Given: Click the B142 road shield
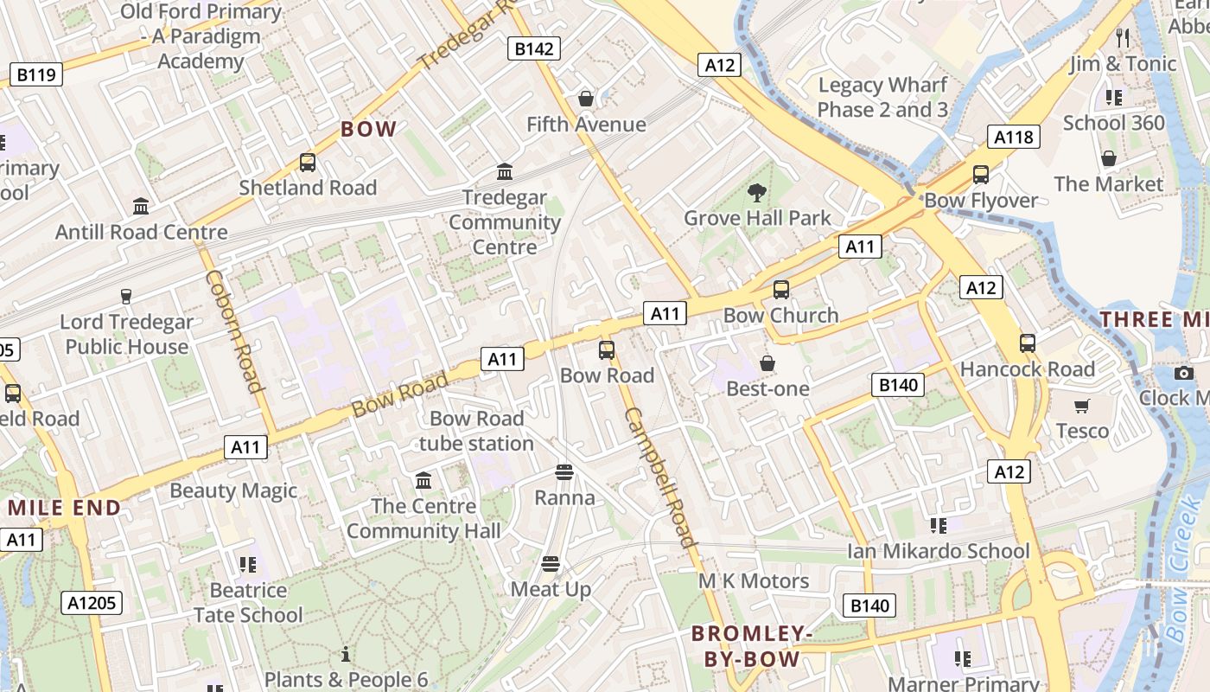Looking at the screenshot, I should [x=533, y=48].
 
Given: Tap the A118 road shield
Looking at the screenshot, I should [x=1014, y=137].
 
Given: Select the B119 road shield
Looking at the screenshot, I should [x=36, y=74].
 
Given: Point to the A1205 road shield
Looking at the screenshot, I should [x=92, y=603].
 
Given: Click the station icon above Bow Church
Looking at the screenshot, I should [x=781, y=289].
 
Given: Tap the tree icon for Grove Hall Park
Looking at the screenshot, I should [x=757, y=192].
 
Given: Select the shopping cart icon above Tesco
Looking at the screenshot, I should [x=1082, y=406].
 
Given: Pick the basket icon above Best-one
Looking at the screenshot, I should [x=767, y=363].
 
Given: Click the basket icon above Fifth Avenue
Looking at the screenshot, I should [x=586, y=99].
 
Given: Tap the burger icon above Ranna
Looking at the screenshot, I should [x=564, y=472].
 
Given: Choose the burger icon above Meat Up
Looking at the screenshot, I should [x=551, y=564].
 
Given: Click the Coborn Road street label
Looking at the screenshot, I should [x=232, y=331].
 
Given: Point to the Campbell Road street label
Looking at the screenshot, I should [x=661, y=477].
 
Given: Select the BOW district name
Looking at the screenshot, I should [x=369, y=130].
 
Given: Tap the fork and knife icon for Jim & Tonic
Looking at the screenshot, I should [x=1123, y=38].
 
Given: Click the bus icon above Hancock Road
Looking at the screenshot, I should [x=1027, y=343].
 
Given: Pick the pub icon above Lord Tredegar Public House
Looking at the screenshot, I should [x=126, y=297].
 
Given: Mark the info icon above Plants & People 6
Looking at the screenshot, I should [x=346, y=654].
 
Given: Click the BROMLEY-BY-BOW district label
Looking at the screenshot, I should [x=752, y=646].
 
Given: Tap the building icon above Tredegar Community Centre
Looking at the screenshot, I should [x=505, y=172].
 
